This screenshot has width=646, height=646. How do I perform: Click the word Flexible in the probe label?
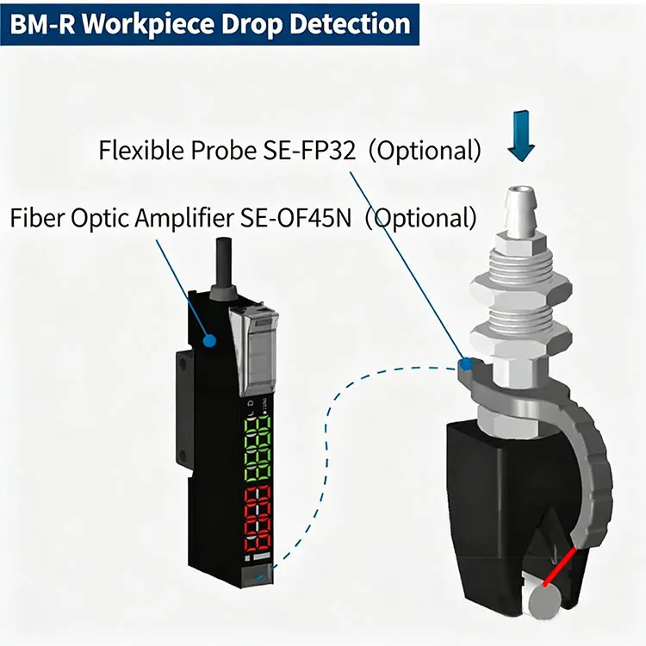(138, 151)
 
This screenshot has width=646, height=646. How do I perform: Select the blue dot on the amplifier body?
(208, 341)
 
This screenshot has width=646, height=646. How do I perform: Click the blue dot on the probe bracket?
(466, 363)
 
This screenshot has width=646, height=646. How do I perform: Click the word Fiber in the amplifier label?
(34, 217)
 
